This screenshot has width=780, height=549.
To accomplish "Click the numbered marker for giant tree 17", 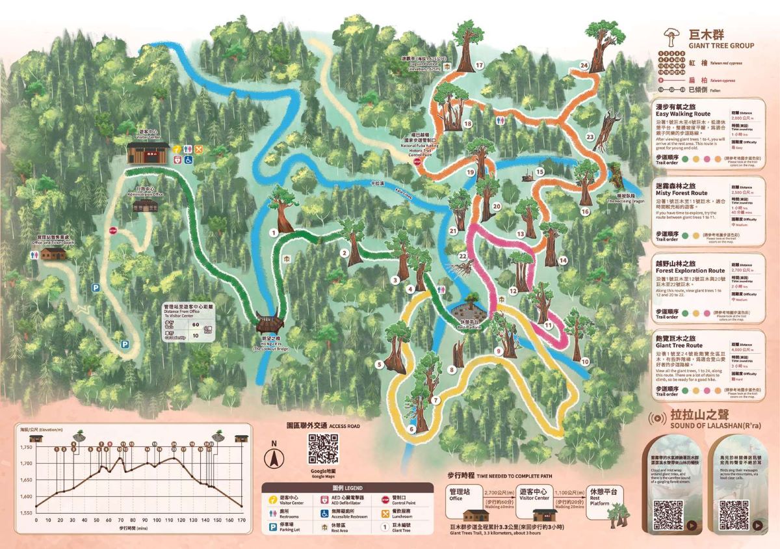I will point(480,65).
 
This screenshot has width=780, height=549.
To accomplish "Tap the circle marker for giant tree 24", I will point(584,66).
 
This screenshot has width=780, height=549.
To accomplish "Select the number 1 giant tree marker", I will point(274,231).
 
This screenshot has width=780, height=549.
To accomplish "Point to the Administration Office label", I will point(146,191).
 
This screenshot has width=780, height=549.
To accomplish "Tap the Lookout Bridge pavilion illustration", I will point(269,323).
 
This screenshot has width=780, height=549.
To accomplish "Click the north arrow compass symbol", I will point(275,456).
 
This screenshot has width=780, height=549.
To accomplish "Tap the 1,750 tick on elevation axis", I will point(26,448).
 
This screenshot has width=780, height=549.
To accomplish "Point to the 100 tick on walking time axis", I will point(156,520).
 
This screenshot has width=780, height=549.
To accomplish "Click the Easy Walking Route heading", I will point(682,114).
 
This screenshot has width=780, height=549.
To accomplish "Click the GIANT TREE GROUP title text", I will point(717,46).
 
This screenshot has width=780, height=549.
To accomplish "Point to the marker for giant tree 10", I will point(585,361).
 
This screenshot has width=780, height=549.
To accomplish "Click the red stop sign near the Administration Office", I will point(112,230).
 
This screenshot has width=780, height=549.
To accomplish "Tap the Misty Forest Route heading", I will point(682,193).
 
